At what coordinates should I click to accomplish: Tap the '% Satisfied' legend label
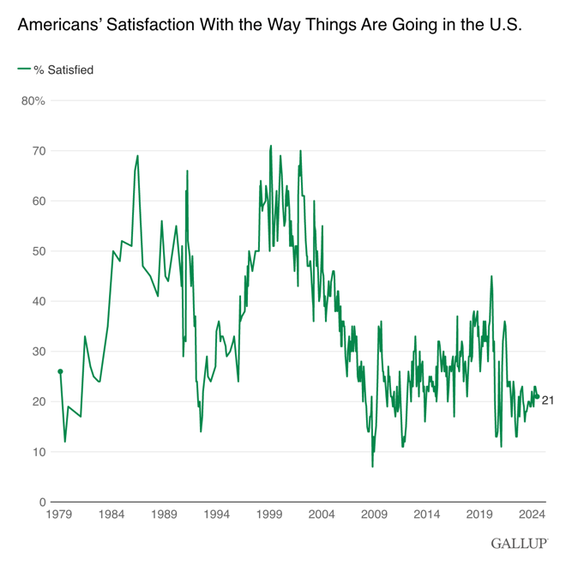(x=63, y=70)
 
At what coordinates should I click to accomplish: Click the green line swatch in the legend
(x=23, y=70)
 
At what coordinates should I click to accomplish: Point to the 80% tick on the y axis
(x=33, y=101)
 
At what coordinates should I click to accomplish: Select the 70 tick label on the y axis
(x=37, y=151)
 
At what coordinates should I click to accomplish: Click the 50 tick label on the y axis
(x=37, y=251)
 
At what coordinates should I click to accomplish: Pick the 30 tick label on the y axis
(x=37, y=352)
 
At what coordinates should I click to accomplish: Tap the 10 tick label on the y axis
(x=37, y=452)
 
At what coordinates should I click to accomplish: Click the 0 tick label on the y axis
(x=41, y=502)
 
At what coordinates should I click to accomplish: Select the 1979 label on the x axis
(x=58, y=515)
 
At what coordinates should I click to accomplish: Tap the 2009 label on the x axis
(x=374, y=515)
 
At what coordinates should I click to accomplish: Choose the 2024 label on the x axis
(x=532, y=515)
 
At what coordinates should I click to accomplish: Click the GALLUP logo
(x=520, y=544)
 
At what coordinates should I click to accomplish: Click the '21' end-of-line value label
(x=547, y=400)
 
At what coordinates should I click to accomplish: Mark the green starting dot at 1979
(x=60, y=371)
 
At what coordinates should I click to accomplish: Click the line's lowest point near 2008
(x=372, y=467)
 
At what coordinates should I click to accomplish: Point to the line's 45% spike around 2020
(x=491, y=276)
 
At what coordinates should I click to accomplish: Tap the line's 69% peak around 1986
(x=137, y=156)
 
